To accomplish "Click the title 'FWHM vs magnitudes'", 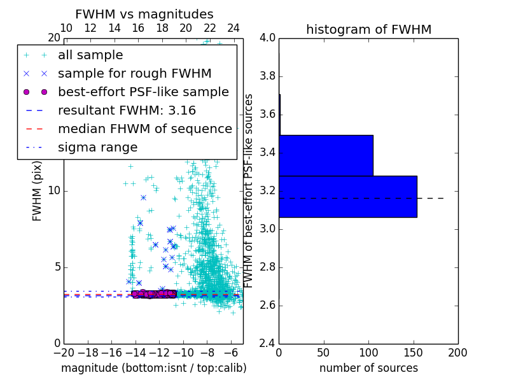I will [144, 14].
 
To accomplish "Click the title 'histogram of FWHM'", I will [368, 29].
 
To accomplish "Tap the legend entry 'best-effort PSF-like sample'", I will [143, 92].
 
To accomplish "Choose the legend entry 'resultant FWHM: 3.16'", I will [127, 111].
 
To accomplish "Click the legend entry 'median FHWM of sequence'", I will [144, 129].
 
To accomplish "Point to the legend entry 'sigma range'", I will [97, 148].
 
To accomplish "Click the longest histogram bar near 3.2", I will [347, 197].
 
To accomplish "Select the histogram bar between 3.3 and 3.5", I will [326, 155].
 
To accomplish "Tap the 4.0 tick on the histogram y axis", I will [268, 38].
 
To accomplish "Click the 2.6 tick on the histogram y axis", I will [268, 305].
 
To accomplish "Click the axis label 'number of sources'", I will [368, 368].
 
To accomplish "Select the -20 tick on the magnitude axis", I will [64, 352].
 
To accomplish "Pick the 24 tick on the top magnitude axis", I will [234, 28].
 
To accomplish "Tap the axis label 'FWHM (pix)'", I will [38, 191].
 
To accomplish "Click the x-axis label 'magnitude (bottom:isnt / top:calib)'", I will [153, 368].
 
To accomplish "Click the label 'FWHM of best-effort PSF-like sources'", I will [249, 191].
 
